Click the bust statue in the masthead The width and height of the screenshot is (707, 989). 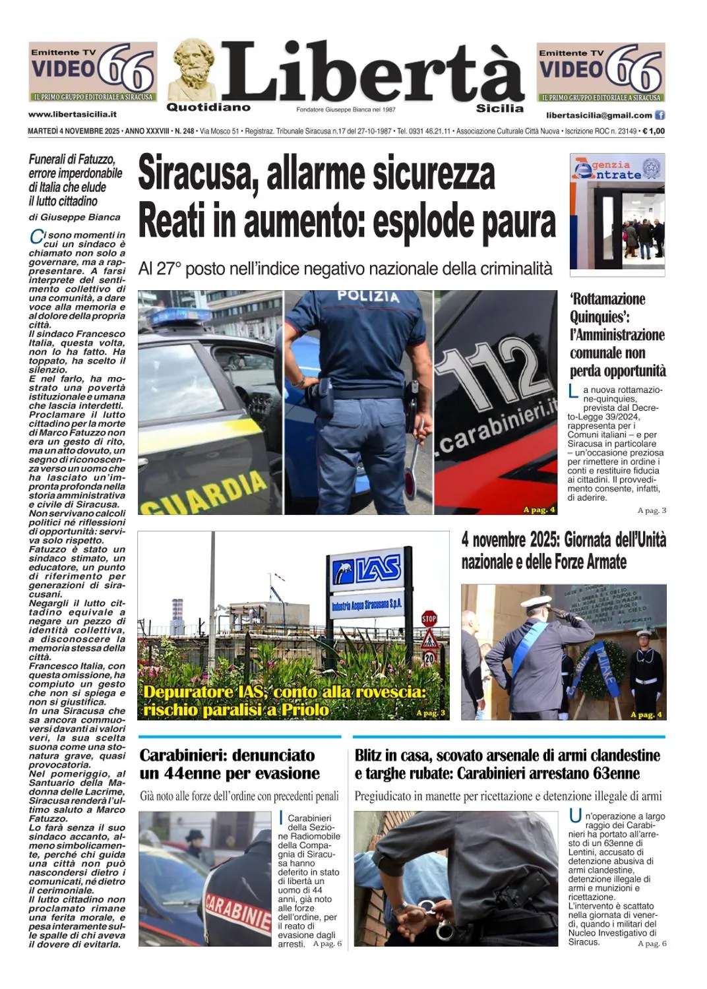point(193,69)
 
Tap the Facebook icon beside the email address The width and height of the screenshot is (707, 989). point(660,115)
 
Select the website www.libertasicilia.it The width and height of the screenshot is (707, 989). point(73,115)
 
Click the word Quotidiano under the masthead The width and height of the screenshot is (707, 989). point(208,107)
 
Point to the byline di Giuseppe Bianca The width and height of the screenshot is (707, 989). point(75,217)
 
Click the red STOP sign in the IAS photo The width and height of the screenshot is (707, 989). point(429,619)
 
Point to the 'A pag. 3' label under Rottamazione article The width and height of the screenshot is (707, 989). point(652,510)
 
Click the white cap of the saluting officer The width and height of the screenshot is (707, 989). point(539,603)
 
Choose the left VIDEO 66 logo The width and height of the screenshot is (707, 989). point(92,71)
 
